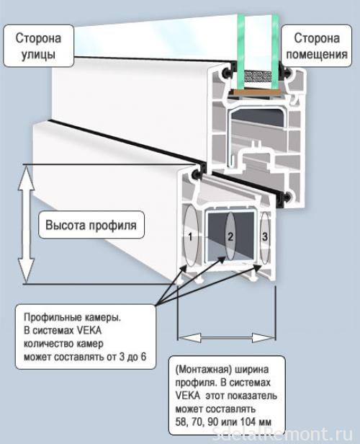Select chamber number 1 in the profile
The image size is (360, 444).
pos(189,236)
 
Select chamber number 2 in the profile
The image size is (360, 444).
pos(230,236)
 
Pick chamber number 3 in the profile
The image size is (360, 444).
pos(265,236)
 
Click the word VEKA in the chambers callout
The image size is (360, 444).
pos(93,330)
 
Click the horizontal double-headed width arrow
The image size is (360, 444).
pos(227,336)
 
